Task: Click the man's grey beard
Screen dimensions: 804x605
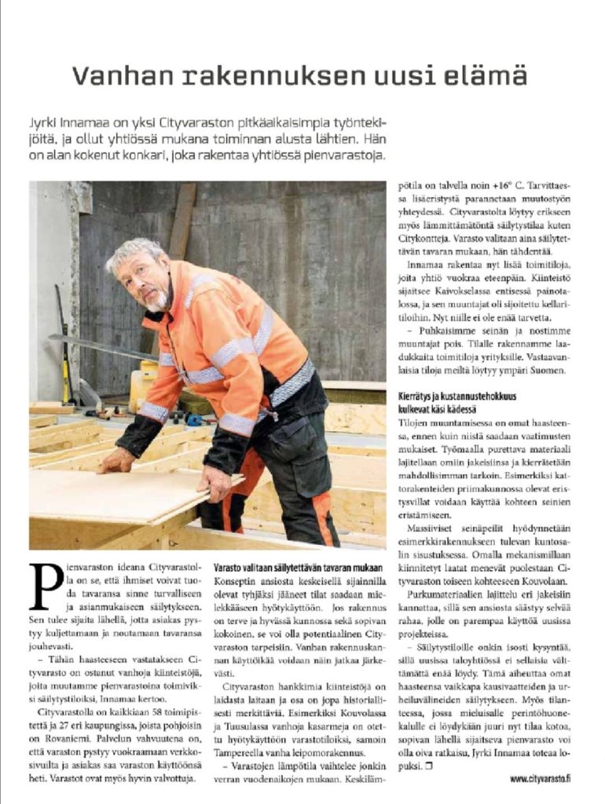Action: coord(158,299)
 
